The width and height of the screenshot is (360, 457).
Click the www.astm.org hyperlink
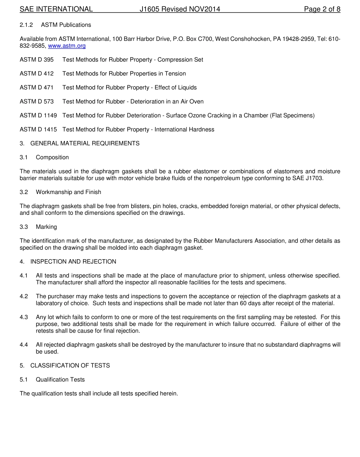click(67, 46)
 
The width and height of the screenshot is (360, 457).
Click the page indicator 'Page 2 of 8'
click(322, 9)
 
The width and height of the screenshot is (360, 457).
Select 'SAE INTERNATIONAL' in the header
click(56, 9)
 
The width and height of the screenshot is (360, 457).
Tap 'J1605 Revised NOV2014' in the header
click(180, 9)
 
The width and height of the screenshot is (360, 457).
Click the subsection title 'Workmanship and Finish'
click(69, 192)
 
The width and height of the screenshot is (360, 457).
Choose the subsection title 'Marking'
click(46, 227)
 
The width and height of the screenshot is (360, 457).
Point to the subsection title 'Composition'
click(52, 157)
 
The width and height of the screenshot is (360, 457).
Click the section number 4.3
click(24, 317)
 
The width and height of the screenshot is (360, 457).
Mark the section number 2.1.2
click(27, 25)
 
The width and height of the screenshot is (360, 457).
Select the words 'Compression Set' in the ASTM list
click(180, 59)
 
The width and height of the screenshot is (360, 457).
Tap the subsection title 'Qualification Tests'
click(60, 380)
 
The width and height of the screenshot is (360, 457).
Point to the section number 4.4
click(24, 345)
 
